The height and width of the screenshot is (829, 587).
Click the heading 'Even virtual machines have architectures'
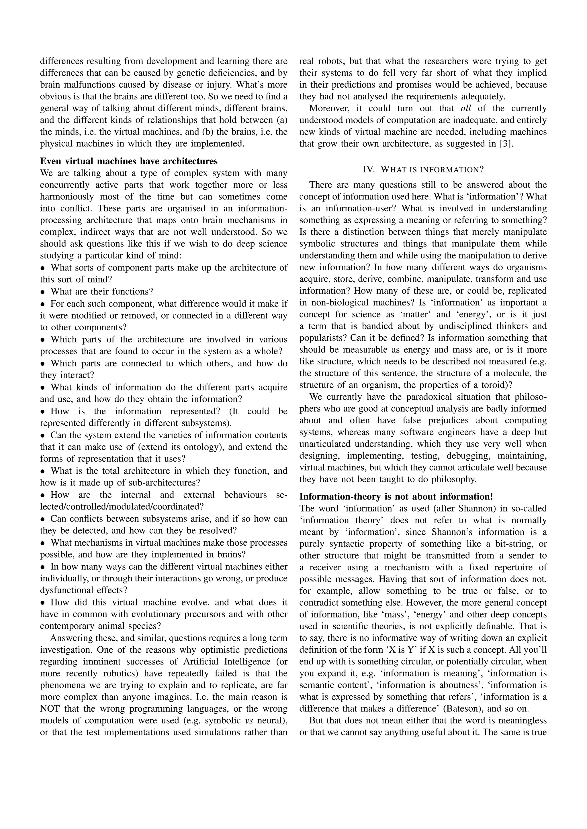click(129, 161)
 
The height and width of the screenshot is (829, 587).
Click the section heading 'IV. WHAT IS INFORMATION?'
click(423, 169)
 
